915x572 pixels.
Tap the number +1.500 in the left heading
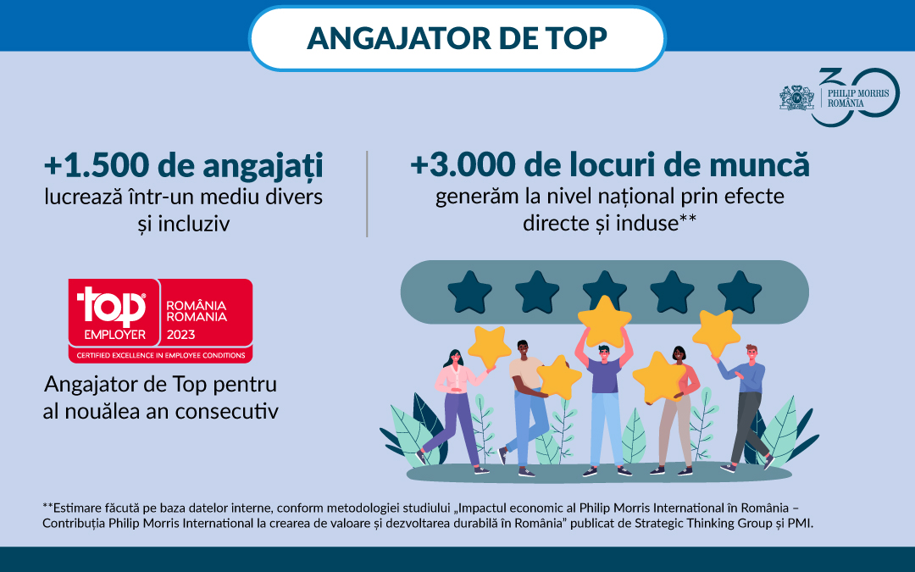[x=97, y=165]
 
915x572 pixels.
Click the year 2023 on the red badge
[x=181, y=335]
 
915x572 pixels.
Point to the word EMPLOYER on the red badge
[x=115, y=335]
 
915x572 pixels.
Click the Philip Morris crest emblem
[x=796, y=97]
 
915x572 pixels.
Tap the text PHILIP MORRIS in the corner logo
[x=857, y=93]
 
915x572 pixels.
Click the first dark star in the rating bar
[x=469, y=292]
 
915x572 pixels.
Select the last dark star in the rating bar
[x=740, y=292]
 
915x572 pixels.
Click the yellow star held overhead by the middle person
[x=605, y=321]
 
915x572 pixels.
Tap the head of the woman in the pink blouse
[x=455, y=358]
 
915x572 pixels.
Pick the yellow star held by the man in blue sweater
[x=716, y=333]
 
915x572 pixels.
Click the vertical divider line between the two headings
[x=367, y=194]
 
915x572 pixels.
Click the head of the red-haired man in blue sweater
[x=751, y=353]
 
